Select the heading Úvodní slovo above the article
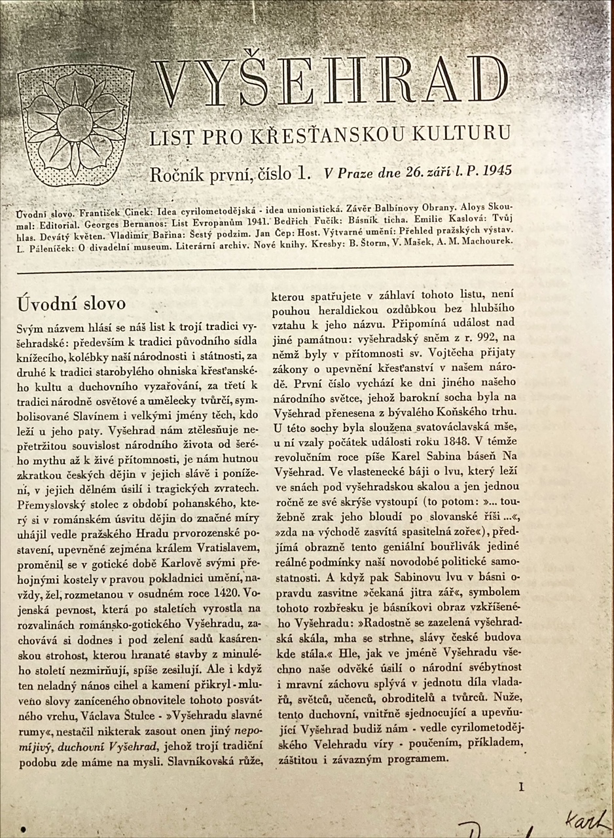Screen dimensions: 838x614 pos(71,304)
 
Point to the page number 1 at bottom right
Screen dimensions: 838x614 pos(521,788)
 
